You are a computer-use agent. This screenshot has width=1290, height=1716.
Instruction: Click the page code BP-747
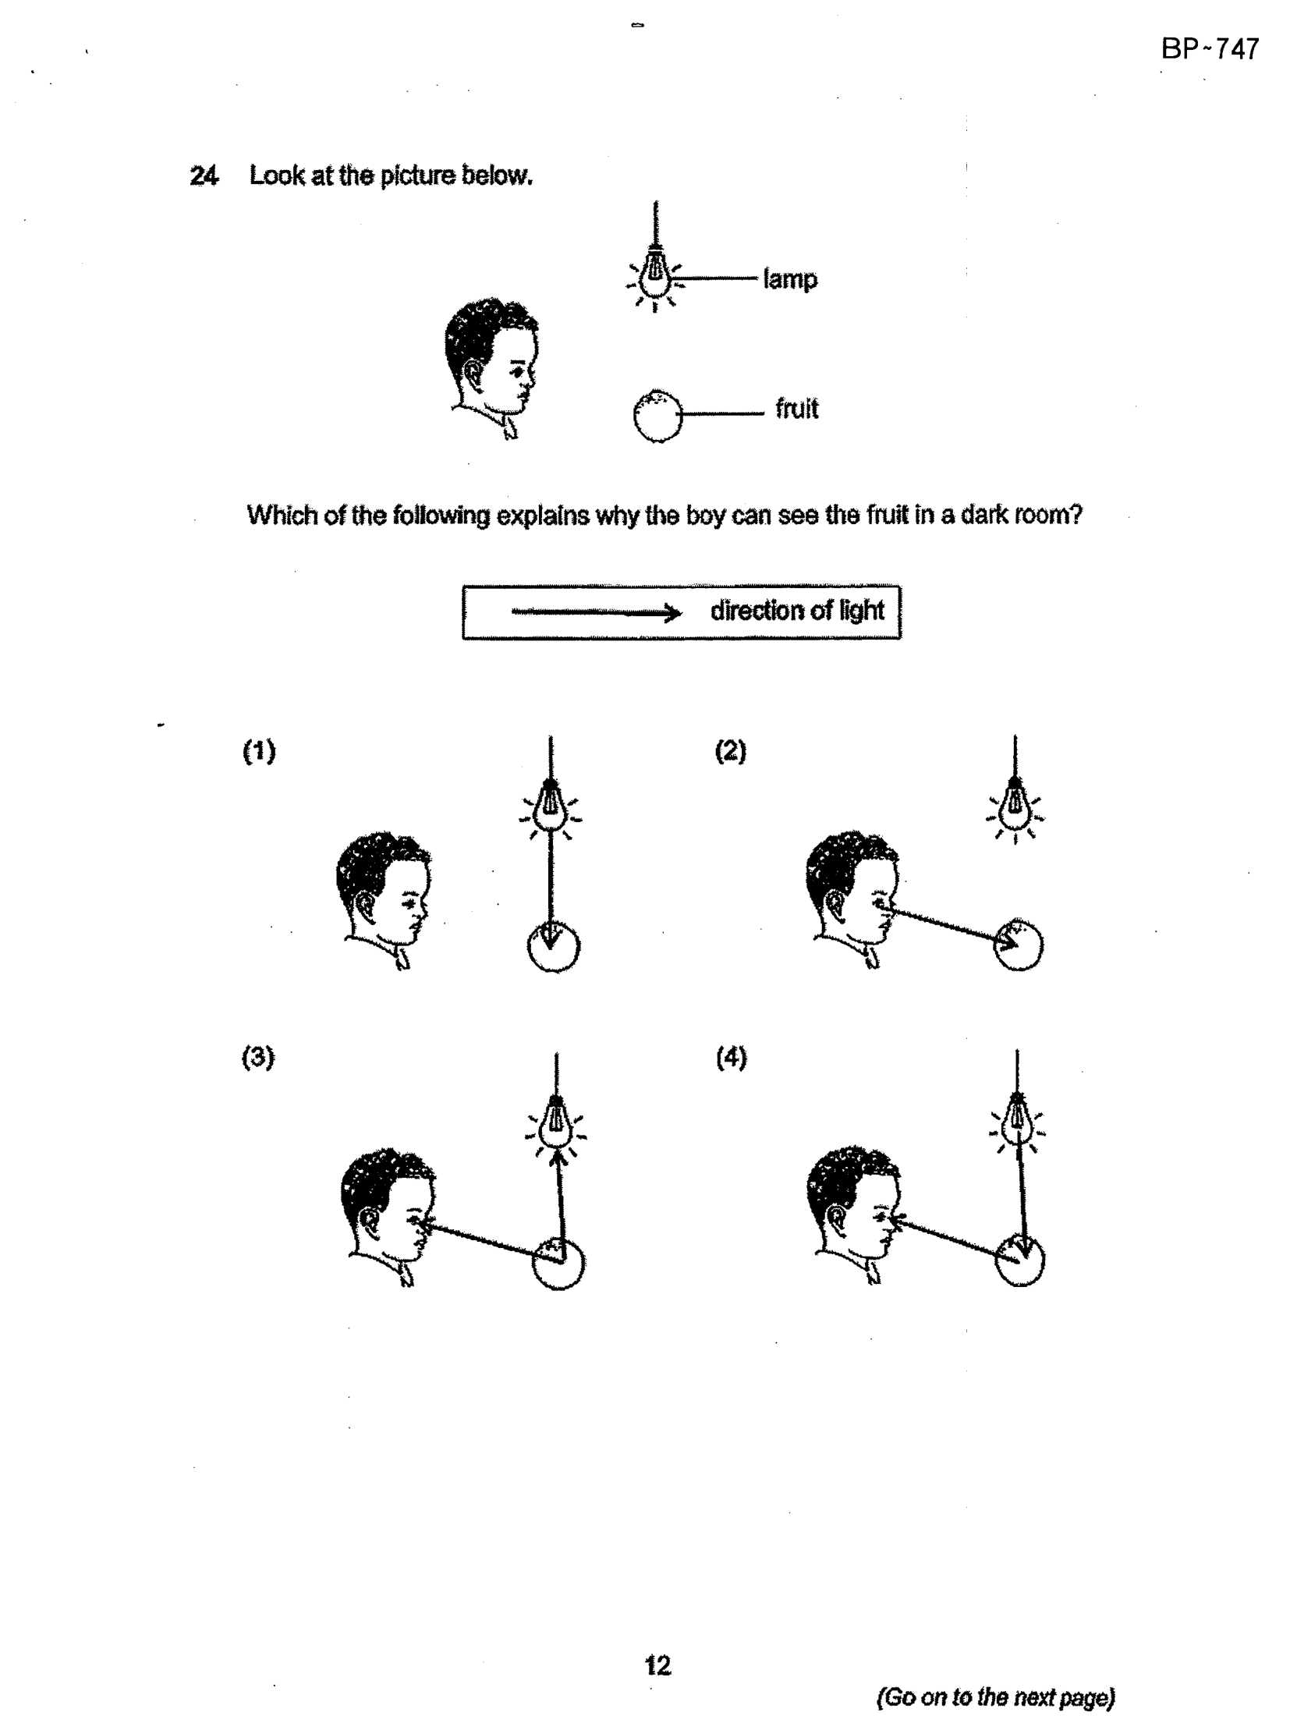pyautogui.click(x=1210, y=49)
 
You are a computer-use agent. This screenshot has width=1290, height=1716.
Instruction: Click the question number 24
pyautogui.click(x=204, y=175)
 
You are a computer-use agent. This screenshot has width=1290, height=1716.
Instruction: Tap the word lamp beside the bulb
pyautogui.click(x=790, y=279)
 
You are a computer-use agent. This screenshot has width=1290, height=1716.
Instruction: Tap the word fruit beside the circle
pyautogui.click(x=796, y=408)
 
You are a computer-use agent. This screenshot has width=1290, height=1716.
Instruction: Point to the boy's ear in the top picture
pyautogui.click(x=473, y=373)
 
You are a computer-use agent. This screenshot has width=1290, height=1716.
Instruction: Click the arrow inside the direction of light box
pyautogui.click(x=597, y=613)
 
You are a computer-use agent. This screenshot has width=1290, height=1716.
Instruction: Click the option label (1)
pyautogui.click(x=259, y=751)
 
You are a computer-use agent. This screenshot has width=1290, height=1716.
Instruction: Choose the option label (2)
pyautogui.click(x=731, y=751)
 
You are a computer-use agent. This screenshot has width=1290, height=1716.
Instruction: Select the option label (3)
pyautogui.click(x=258, y=1057)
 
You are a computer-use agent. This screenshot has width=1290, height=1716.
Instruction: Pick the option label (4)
pyautogui.click(x=732, y=1057)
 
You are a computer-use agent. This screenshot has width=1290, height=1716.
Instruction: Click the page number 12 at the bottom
pyautogui.click(x=657, y=1665)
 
